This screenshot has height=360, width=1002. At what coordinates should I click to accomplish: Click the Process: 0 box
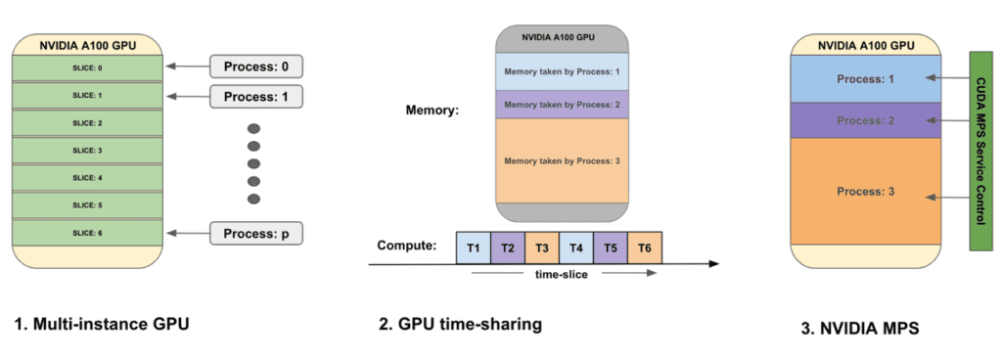[x=257, y=67]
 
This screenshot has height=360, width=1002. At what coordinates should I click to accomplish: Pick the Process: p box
[x=257, y=234]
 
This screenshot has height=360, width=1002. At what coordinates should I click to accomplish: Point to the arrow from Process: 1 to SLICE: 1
[x=185, y=96]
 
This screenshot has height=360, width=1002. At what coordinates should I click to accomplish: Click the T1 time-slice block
[x=474, y=247]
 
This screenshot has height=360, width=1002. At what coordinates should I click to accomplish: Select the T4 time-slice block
[x=576, y=247]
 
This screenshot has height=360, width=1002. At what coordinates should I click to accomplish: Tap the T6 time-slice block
[x=644, y=247]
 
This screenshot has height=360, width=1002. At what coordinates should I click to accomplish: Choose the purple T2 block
[x=508, y=247]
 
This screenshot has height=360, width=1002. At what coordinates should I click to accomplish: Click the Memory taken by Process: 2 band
[x=562, y=104]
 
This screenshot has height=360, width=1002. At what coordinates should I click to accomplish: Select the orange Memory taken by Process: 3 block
[x=562, y=160]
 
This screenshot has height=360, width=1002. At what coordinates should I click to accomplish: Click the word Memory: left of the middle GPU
[x=432, y=109]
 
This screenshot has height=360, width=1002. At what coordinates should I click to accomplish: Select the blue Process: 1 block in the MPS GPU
[x=865, y=77]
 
